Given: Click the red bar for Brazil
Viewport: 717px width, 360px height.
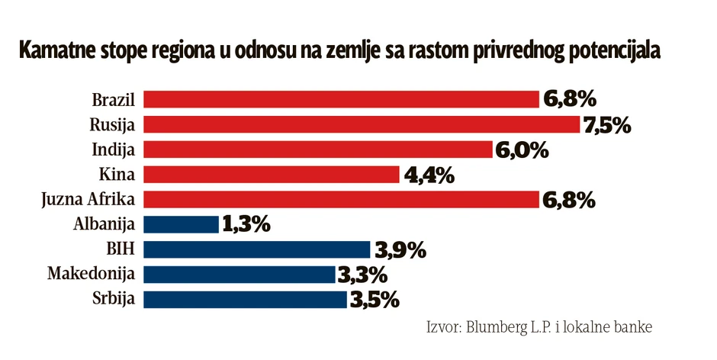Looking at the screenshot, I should [342, 99].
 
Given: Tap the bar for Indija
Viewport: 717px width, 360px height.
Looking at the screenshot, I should [318, 149].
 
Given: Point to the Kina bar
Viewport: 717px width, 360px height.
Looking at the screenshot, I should [272, 175].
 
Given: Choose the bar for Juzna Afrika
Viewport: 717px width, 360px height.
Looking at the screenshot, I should [342, 200].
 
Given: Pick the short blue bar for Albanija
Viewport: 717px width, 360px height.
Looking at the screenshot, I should [182, 224].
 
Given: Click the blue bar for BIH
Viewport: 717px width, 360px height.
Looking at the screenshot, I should [258, 249].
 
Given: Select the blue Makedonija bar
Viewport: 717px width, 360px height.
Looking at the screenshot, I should [240, 275].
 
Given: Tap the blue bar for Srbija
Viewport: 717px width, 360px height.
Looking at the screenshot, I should [246, 299].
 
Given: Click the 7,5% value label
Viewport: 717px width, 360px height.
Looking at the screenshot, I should [607, 125].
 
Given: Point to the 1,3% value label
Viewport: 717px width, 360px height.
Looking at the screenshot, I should [246, 225].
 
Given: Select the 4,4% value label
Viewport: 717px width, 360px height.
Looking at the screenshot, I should [427, 175].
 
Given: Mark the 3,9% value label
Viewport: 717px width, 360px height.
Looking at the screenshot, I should [398, 250].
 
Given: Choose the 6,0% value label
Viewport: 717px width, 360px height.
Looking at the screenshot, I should [522, 150].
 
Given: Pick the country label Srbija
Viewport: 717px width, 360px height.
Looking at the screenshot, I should [116, 299].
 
